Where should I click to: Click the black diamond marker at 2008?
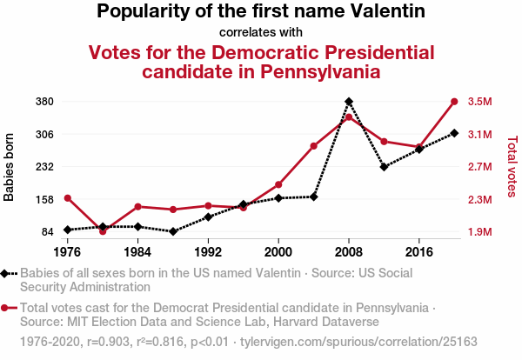click(349, 102)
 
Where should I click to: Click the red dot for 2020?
click(454, 102)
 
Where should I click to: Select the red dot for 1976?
click(67, 198)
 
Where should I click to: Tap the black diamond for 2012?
click(384, 166)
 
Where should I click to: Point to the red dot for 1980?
click(103, 231)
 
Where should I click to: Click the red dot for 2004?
click(313, 146)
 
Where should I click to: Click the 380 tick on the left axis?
click(45, 102)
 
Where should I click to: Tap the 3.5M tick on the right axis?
click(479, 102)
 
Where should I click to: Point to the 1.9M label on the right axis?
click(479, 232)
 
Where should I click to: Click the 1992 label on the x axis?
click(208, 251)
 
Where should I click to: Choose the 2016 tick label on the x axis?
click(419, 251)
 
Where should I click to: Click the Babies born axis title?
click(10, 167)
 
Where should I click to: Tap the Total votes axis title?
click(512, 167)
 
